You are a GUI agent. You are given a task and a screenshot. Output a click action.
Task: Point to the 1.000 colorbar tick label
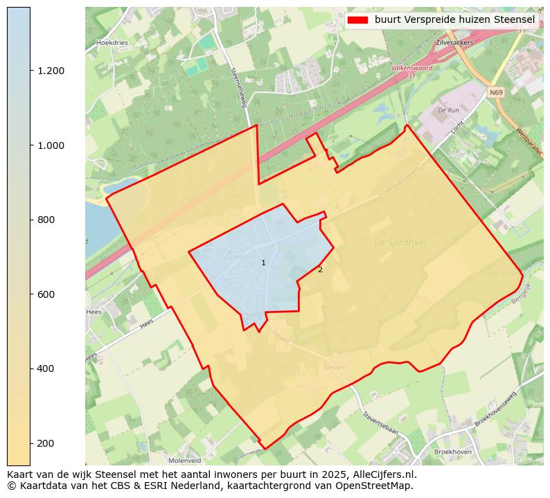50,145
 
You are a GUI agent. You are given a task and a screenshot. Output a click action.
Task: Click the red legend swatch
357,20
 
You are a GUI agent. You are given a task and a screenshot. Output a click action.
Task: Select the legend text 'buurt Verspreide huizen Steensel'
454,20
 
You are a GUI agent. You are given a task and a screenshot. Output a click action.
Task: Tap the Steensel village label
238,257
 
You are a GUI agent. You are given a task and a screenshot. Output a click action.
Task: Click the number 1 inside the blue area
263,263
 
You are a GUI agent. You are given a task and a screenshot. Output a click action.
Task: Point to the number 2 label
320,269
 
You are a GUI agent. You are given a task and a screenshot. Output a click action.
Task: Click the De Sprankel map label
400,243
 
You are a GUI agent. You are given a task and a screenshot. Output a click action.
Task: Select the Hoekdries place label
112,42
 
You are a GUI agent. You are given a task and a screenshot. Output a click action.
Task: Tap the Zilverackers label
455,42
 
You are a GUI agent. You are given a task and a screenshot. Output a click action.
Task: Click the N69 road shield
495,92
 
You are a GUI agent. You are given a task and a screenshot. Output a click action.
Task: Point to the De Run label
449,110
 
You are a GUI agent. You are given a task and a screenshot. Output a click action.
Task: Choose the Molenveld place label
184,460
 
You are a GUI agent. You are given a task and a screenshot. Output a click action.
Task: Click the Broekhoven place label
452,452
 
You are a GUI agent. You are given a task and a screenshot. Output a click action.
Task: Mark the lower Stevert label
335,367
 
